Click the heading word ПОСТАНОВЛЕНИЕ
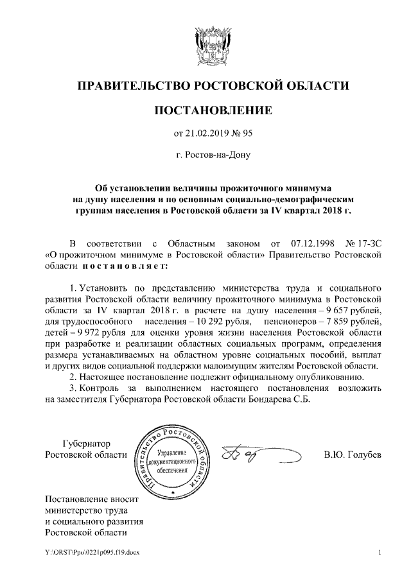205,110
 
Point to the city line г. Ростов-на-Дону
205,155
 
